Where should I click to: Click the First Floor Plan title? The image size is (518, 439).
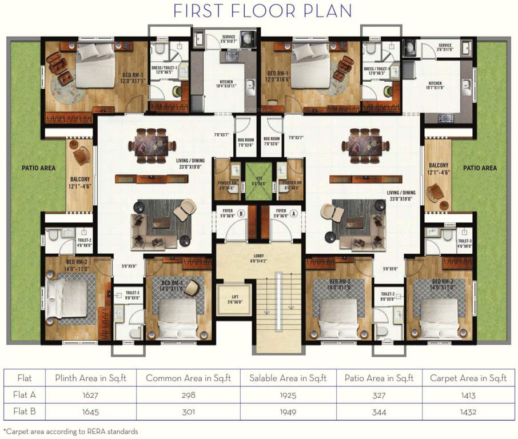point(262,11)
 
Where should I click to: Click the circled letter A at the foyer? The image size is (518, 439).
point(294,214)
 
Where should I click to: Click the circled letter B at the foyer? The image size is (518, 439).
point(241,214)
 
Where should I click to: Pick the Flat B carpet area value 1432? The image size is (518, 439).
point(468,412)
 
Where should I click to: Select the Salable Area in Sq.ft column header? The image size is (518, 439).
point(288,378)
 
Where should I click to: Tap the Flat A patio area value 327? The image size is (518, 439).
point(379,395)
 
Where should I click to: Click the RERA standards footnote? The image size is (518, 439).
point(71,432)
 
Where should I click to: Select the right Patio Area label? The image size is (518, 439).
point(480,168)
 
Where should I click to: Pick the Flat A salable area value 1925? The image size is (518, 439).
point(288,395)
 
